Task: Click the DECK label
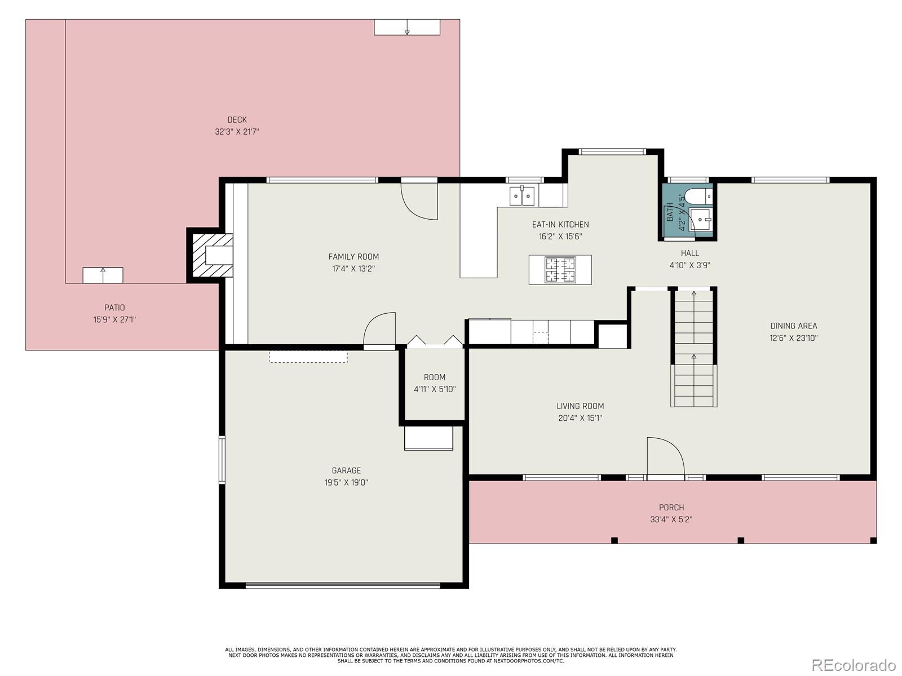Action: pos(237,120)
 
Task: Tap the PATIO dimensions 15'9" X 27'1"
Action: pos(114,320)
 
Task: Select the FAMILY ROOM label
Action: pos(353,257)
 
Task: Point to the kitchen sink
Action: pos(522,196)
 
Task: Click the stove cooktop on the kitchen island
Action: pos(560,270)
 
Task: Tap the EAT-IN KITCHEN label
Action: pos(560,225)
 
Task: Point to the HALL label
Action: pos(690,253)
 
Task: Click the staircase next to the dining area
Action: pos(694,348)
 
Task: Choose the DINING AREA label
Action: pos(794,326)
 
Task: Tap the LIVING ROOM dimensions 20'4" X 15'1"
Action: pos(580,418)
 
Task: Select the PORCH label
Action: pos(671,508)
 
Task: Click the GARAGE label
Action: pos(346,471)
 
